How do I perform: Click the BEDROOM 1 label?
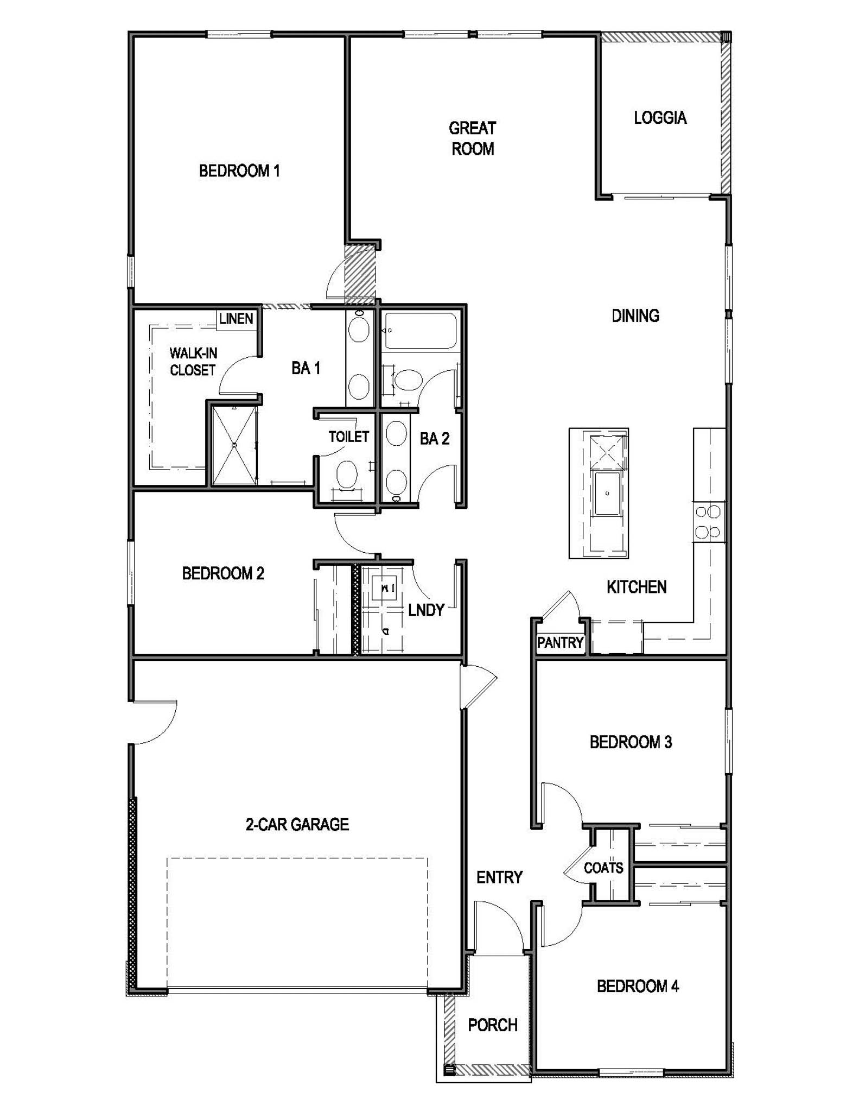click(x=239, y=171)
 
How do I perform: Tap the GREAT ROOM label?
click(x=473, y=138)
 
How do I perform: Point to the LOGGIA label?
click(x=660, y=118)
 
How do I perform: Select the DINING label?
click(x=635, y=315)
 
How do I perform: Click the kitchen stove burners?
click(x=708, y=522)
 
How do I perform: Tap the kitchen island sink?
click(x=607, y=493)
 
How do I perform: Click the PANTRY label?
click(x=560, y=643)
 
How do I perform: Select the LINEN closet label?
click(x=236, y=319)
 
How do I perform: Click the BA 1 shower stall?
click(x=234, y=445)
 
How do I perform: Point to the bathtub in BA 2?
click(x=421, y=331)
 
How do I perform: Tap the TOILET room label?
click(x=348, y=437)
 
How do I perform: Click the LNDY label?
click(x=426, y=610)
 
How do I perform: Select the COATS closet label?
click(x=603, y=868)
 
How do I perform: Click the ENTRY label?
click(x=499, y=877)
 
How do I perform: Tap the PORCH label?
click(x=493, y=1025)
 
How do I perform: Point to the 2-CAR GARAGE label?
click(x=297, y=824)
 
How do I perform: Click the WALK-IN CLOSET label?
click(x=193, y=362)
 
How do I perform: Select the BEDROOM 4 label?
click(x=638, y=986)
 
